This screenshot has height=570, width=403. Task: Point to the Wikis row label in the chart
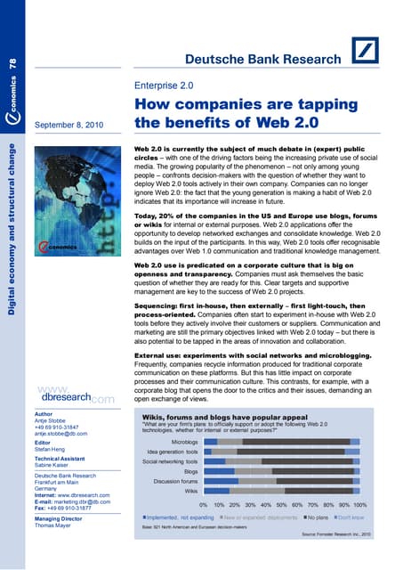pyautogui.click(x=189, y=491)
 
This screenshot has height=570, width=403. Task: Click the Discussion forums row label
pyautogui.click(x=175, y=481)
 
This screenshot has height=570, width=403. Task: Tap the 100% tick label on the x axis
pyautogui.click(x=353, y=504)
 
